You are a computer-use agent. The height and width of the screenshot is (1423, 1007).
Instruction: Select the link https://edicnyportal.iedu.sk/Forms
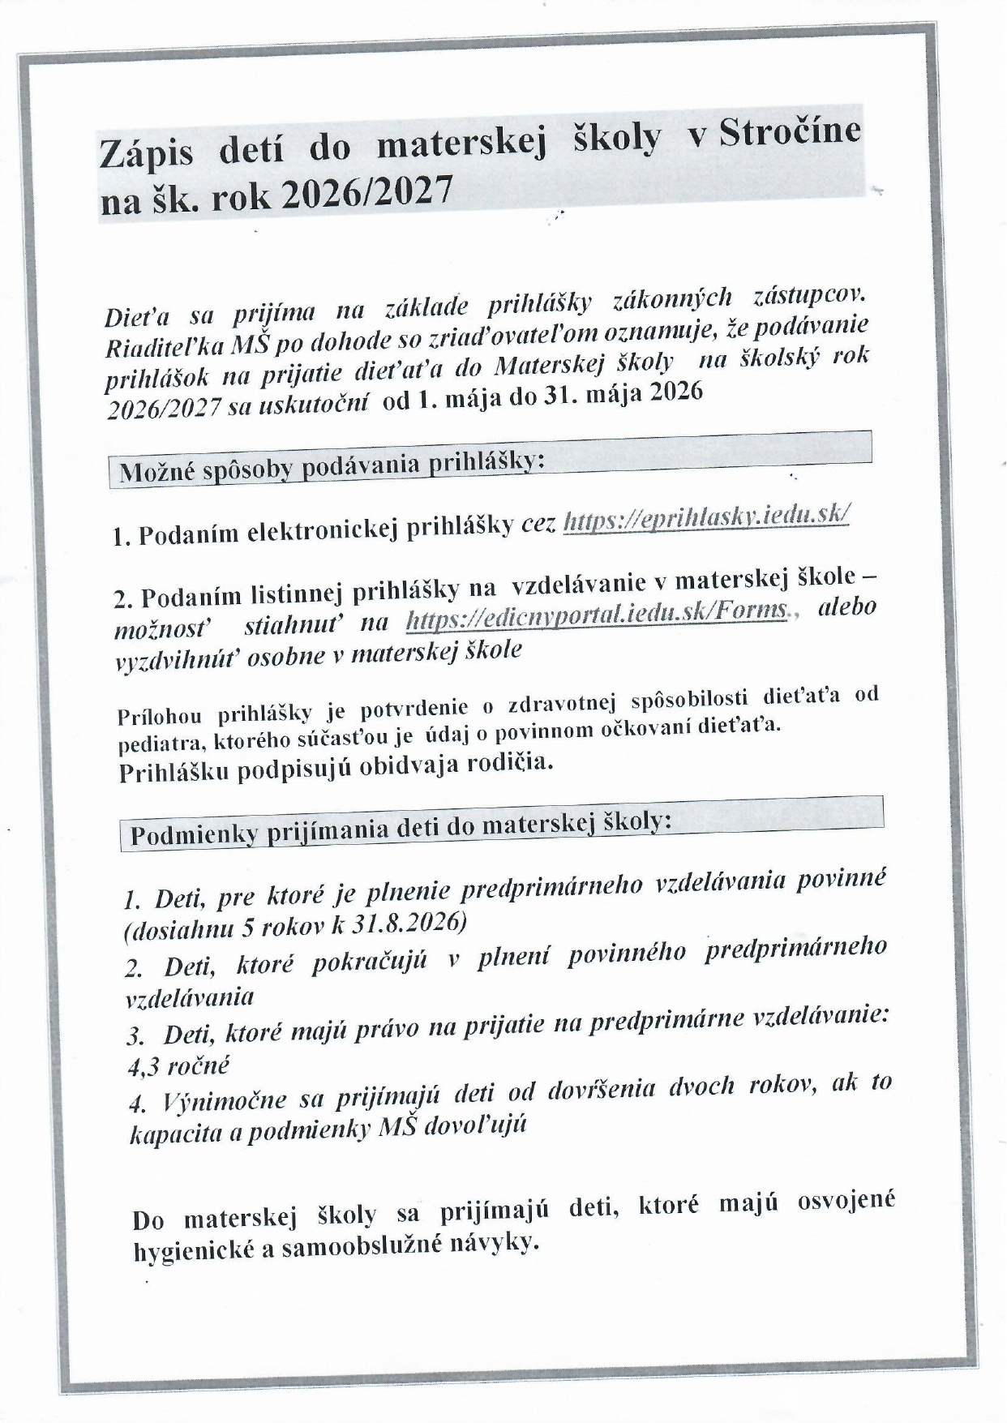[x=596, y=616]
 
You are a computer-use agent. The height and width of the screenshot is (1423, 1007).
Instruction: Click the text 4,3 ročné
[x=178, y=1065]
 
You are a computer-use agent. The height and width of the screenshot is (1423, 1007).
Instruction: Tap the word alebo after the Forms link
[x=846, y=607]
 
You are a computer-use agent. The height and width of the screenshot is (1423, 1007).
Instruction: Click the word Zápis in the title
[x=147, y=153]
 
